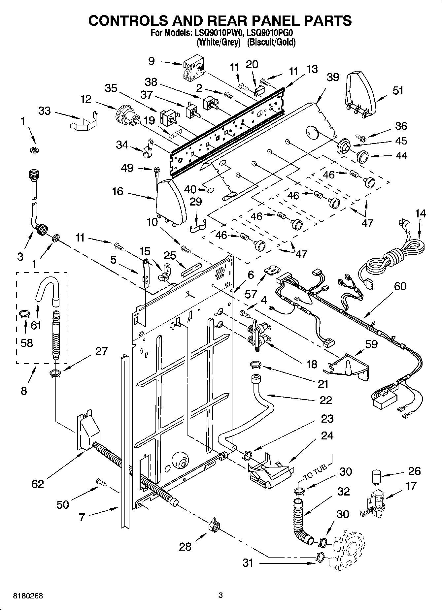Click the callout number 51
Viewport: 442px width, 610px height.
398,90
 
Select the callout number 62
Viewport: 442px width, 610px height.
38,484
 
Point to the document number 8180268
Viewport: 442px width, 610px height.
28,596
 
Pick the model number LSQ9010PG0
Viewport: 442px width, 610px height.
269,33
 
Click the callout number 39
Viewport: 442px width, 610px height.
332,77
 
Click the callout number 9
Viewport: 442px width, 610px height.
151,61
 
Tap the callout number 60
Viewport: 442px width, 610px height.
400,286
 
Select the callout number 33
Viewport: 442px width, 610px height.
44,111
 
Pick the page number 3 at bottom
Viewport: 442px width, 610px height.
221,595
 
